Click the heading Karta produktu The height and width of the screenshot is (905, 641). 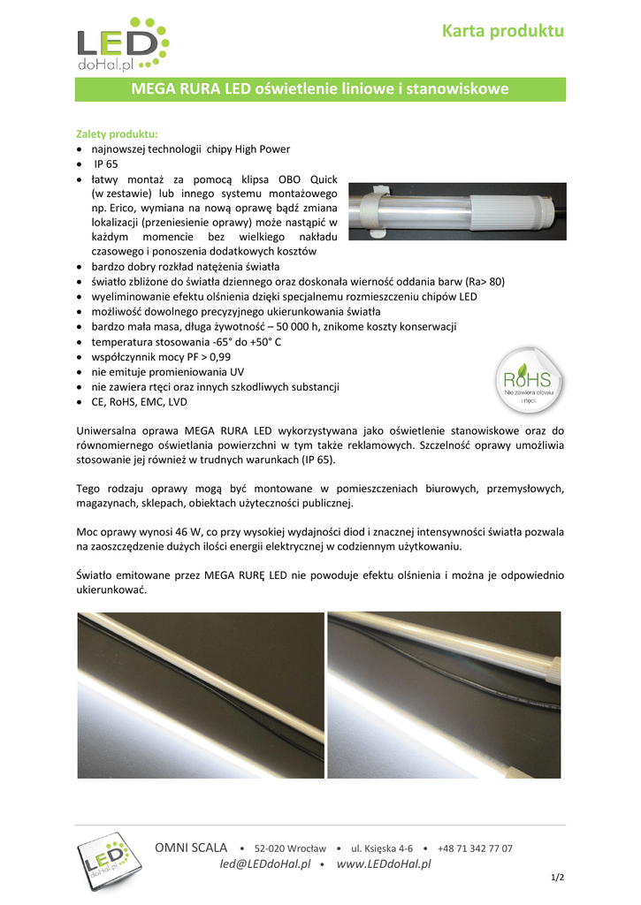(x=503, y=31)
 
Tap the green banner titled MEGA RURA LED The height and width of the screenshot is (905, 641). (x=319, y=89)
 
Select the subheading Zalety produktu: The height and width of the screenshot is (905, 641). (x=117, y=133)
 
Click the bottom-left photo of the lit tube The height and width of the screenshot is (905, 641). (x=199, y=695)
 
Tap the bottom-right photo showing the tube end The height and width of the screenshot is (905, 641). (x=444, y=695)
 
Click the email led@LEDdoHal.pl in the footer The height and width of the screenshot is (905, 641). (x=265, y=863)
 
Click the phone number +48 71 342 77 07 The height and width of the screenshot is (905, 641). (x=474, y=848)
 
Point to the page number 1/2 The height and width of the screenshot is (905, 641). (x=557, y=877)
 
